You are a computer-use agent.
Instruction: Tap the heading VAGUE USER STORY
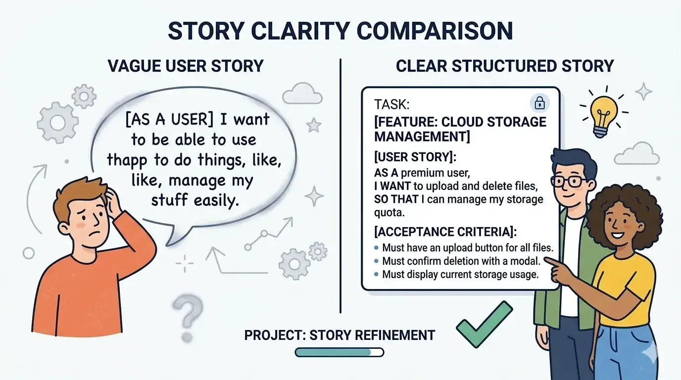point(186,66)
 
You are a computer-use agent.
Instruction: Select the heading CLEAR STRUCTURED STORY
point(504,66)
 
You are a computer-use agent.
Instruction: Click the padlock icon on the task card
point(539,103)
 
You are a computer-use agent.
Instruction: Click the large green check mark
point(484,324)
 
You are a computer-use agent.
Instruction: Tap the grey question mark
point(189,310)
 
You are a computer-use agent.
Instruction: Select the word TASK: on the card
point(391,104)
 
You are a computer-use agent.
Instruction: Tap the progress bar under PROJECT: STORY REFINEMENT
point(339,352)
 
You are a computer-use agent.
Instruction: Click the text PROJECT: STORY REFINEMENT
point(339,335)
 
